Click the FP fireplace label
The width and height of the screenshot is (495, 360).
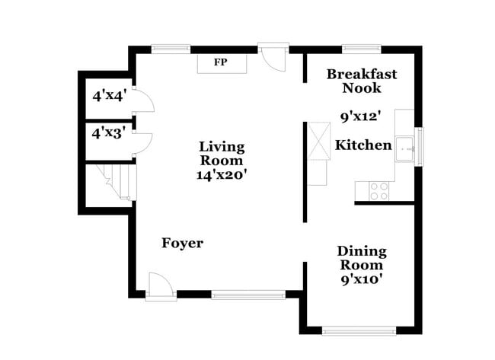coord(220,62)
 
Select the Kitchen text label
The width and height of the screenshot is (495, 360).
coord(364,145)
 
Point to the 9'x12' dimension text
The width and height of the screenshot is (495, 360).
coord(360,117)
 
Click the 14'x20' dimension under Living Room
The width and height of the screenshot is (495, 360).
coord(221,174)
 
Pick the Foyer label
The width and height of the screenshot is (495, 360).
coord(183,243)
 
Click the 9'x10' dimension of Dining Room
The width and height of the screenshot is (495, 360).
coord(362,279)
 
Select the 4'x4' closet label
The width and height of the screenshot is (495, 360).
coord(109,97)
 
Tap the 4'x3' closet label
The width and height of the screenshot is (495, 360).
coord(109,132)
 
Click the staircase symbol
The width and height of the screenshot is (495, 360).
coord(111,184)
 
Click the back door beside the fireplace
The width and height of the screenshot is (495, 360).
coord(271,58)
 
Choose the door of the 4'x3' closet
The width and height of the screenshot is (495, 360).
coord(144,143)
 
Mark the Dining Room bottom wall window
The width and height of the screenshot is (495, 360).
coord(359,330)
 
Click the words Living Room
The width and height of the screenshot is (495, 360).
coord(221,153)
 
